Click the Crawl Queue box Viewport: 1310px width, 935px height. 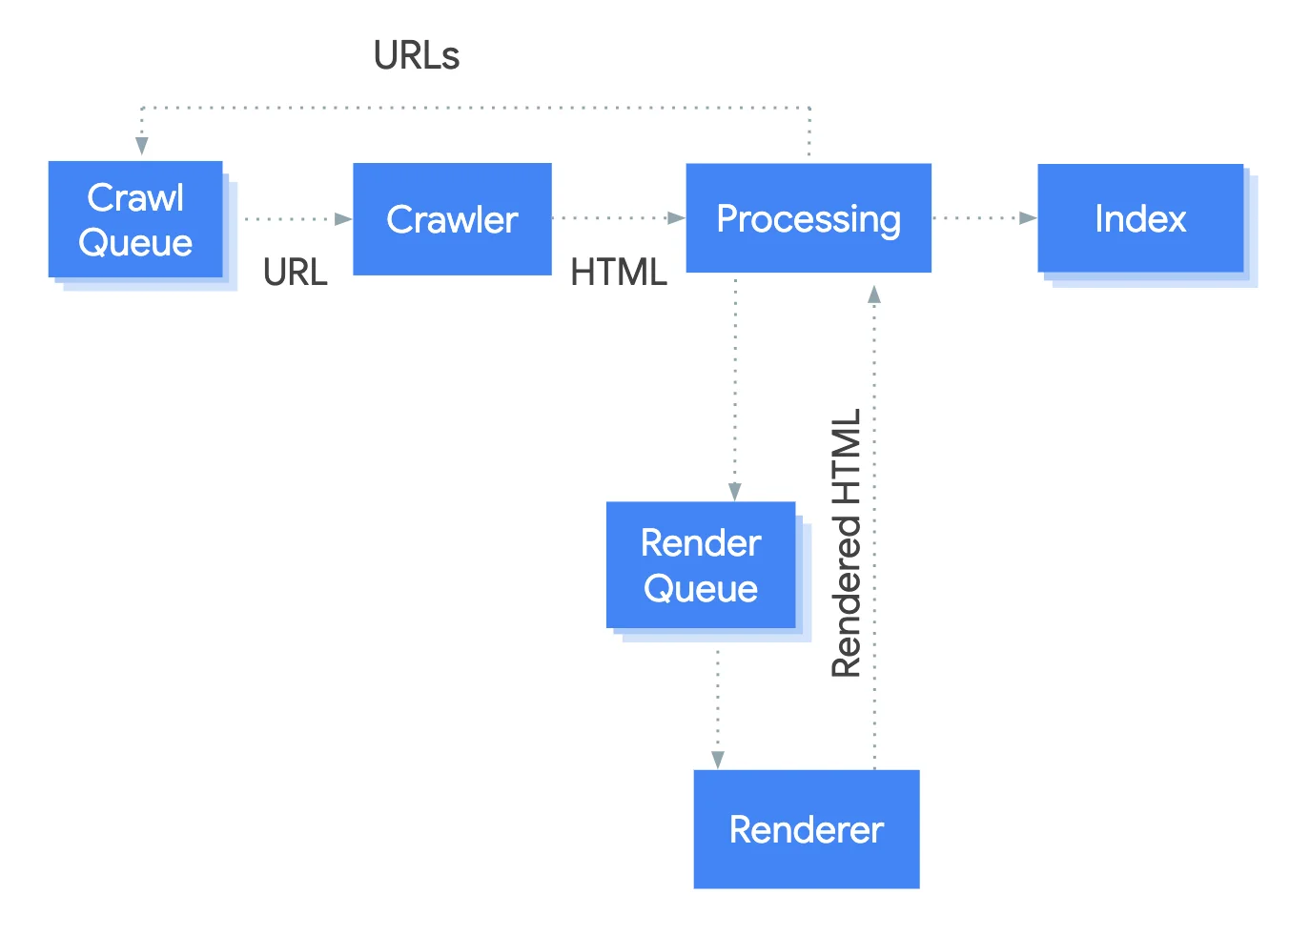pos(135,220)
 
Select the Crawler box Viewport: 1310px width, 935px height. pos(452,219)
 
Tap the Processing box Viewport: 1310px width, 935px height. pos(809,218)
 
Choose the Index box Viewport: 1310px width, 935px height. pos(1140,218)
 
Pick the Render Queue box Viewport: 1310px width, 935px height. pos(701,565)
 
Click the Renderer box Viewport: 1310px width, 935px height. pos(807,829)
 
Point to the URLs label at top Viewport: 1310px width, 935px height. pos(417,56)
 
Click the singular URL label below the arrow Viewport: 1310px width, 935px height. pos(296,274)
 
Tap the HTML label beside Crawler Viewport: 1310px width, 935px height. pos(619,274)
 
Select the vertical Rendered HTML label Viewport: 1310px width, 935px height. pos(847,543)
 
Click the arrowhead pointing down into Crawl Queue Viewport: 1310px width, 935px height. pos(142,145)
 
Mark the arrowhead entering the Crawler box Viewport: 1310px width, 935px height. pos(343,219)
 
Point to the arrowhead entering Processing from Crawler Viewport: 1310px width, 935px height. pos(676,218)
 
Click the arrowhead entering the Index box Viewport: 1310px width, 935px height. pos(1028,218)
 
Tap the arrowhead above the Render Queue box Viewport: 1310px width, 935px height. pos(735,491)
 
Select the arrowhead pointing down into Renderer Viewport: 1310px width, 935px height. pos(718,760)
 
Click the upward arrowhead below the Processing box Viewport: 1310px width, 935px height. pos(874,295)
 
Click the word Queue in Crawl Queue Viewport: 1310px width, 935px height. pos(135,243)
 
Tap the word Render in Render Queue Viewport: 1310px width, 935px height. pos(701,543)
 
